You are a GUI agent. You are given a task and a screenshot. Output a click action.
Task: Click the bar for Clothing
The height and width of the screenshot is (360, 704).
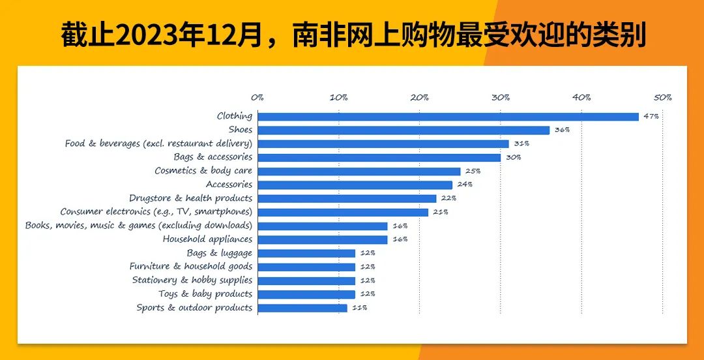click(448, 117)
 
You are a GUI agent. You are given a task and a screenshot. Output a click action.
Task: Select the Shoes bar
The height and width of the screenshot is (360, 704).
click(403, 130)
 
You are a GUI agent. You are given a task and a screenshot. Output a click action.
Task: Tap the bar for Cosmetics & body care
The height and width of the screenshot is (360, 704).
click(359, 172)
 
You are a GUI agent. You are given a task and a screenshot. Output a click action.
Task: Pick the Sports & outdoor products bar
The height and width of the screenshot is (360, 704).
click(302, 308)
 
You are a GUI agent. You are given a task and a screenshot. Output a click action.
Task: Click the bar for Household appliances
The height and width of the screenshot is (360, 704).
click(323, 239)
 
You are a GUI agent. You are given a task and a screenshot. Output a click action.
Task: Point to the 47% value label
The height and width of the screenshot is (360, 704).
click(651, 117)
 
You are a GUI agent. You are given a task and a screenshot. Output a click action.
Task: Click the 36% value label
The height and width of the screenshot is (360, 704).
click(561, 130)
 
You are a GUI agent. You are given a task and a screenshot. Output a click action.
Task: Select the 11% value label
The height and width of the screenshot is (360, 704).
click(359, 308)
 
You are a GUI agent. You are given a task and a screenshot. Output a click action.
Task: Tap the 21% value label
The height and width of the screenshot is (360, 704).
click(440, 212)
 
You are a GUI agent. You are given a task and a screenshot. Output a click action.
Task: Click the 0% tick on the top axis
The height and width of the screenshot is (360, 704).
click(257, 98)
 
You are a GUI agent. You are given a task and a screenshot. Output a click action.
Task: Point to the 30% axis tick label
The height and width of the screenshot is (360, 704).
click(500, 98)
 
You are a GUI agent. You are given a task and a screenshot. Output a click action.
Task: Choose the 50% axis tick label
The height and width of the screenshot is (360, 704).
click(662, 98)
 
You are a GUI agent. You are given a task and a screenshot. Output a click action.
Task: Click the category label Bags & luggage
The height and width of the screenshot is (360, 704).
click(219, 253)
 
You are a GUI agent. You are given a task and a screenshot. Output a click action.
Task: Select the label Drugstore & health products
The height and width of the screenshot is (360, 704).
click(190, 198)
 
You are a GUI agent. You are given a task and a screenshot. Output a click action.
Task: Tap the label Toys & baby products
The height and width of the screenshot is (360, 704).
click(205, 294)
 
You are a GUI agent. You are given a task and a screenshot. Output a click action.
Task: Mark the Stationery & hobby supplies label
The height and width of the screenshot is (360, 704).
click(192, 280)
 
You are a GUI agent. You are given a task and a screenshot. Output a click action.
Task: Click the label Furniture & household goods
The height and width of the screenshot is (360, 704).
click(190, 267)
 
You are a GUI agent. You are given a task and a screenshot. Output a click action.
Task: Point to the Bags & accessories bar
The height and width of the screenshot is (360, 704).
click(379, 158)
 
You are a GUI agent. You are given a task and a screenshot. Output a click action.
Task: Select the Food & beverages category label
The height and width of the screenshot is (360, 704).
click(158, 143)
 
